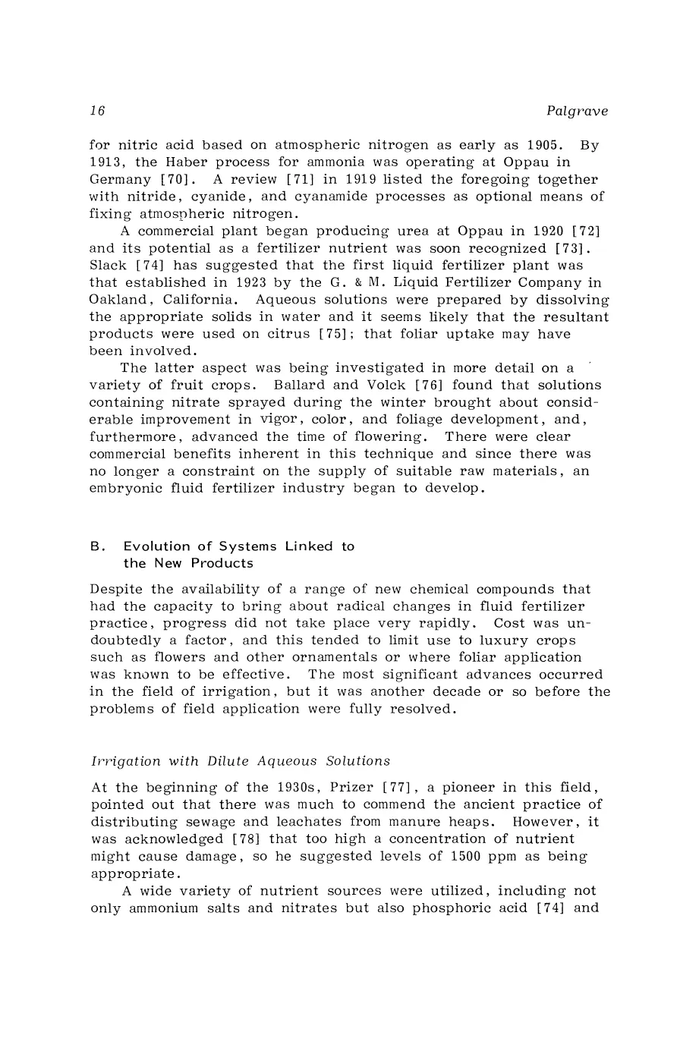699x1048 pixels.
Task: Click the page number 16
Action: coord(96,112)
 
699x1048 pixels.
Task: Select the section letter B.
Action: coord(96,546)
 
